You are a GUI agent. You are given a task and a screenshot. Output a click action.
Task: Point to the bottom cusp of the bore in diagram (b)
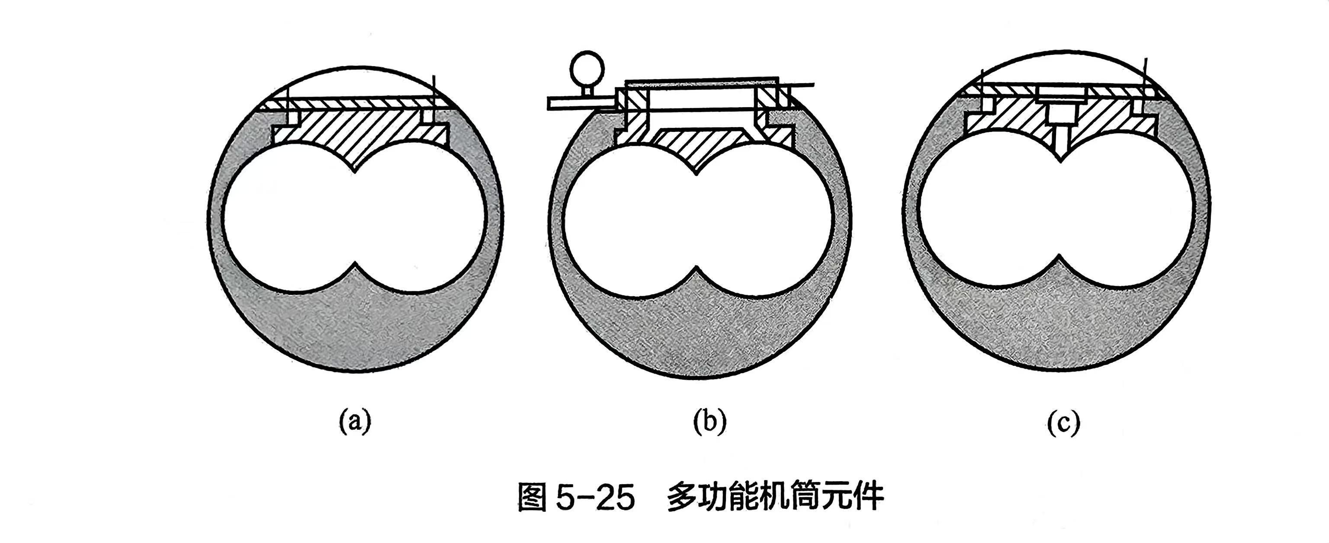697,267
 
